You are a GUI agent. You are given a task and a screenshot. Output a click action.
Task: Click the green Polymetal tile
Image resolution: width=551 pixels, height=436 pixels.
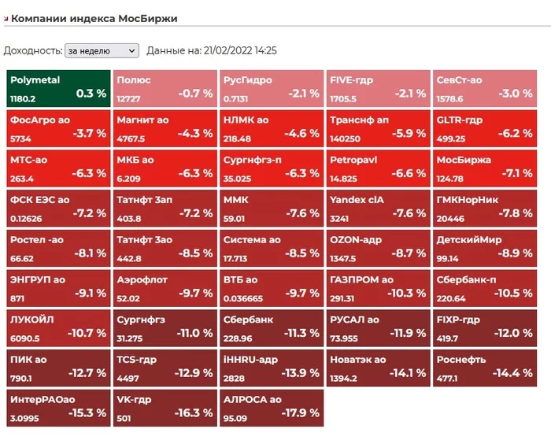point(57,87)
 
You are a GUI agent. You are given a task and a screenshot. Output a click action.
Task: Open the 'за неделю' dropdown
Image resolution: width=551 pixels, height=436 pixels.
point(102,50)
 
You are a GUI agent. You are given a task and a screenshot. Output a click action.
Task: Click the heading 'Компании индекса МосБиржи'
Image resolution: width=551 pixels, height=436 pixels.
point(94,18)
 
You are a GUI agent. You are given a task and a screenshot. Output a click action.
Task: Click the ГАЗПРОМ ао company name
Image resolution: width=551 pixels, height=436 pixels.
point(361,279)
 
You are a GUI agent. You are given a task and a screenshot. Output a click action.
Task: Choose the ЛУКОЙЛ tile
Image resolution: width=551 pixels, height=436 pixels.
point(57,327)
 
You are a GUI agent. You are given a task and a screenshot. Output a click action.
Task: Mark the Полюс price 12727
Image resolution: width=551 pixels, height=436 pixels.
point(129,99)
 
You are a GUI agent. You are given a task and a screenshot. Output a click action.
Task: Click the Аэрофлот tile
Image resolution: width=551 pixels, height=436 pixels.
point(164,286)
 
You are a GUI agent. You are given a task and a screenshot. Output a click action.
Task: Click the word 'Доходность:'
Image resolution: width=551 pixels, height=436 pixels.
point(33,50)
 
